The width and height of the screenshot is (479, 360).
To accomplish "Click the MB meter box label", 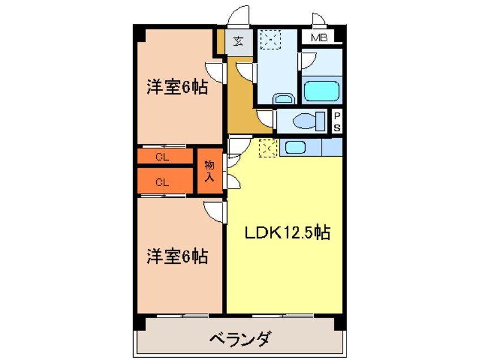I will coord(321,38).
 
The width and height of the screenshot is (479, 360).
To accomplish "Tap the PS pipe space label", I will coord(337,121).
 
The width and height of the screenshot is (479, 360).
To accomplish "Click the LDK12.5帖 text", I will coord(288,232).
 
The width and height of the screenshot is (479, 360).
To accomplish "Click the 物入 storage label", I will coord(209,171).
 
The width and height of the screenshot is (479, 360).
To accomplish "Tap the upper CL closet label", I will coord(162,158).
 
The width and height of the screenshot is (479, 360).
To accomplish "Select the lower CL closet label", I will coord(162,182).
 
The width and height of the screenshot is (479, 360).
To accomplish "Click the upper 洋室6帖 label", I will coord(177,88).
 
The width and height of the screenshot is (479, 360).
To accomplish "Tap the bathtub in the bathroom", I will coord(321,91).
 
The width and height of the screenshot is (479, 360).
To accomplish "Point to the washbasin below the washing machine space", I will coord(283,99).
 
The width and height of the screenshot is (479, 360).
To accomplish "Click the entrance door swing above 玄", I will coord(239,16).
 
